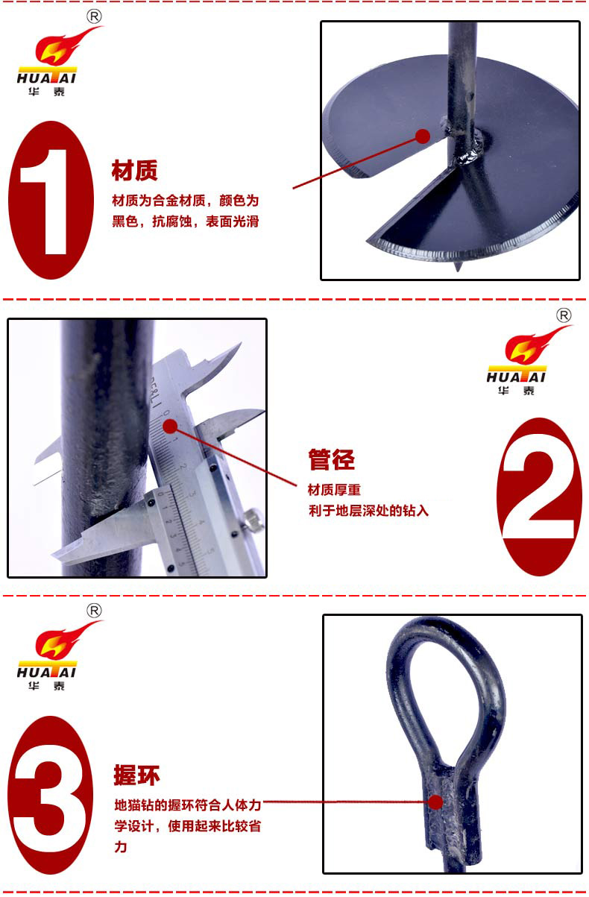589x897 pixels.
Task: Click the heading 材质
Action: pyautogui.click(x=134, y=171)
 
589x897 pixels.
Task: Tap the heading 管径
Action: pyautogui.click(x=332, y=459)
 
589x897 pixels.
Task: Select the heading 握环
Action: pyautogui.click(x=137, y=775)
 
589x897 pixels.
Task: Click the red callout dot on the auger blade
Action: pyautogui.click(x=423, y=136)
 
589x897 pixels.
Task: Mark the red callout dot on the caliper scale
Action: pyautogui.click(x=170, y=427)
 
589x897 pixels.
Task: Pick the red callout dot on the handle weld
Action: pyautogui.click(x=435, y=802)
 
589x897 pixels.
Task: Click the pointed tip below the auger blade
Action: pyautogui.click(x=457, y=267)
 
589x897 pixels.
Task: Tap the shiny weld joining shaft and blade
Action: pyautogui.click(x=467, y=154)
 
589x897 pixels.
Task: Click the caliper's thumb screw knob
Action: pyautogui.click(x=252, y=519)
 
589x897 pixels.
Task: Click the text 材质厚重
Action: pyautogui.click(x=334, y=489)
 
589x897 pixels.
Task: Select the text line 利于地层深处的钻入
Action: pyautogui.click(x=368, y=510)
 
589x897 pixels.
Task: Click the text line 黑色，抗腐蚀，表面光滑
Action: pyautogui.click(x=186, y=221)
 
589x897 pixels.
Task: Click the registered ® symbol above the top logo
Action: pyautogui.click(x=94, y=16)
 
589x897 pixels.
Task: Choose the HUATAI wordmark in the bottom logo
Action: pyautogui.click(x=46, y=673)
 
